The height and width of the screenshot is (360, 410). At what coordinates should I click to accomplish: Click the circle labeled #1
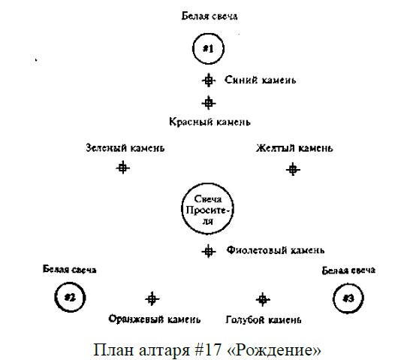pyautogui.click(x=209, y=34)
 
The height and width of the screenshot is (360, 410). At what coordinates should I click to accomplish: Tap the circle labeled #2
pyautogui.click(x=70, y=283)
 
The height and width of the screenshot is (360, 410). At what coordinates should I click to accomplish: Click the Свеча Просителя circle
pyautogui.click(x=207, y=184)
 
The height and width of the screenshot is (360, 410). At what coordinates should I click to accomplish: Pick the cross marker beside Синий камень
pyautogui.click(x=209, y=80)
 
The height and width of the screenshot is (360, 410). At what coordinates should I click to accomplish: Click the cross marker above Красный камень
pyautogui.click(x=209, y=103)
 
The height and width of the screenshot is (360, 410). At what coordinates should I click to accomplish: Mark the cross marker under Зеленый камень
pyautogui.click(x=123, y=168)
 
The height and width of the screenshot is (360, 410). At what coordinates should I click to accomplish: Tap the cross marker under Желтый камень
pyautogui.click(x=293, y=169)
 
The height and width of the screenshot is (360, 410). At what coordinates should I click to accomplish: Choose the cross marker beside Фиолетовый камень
pyautogui.click(x=209, y=252)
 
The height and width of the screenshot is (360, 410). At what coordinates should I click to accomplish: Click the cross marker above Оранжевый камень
pyautogui.click(x=152, y=299)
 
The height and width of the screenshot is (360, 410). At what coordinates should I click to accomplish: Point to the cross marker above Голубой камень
pyautogui.click(x=263, y=299)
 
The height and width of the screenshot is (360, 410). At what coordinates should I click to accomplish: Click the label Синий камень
pyautogui.click(x=260, y=80)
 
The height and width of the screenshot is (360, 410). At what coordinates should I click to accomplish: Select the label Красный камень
pyautogui.click(x=210, y=122)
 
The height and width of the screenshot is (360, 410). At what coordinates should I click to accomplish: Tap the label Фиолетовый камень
pyautogui.click(x=276, y=250)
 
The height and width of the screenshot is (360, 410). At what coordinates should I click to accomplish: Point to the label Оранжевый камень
pyautogui.click(x=155, y=319)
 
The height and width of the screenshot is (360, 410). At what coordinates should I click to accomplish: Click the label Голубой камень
pyautogui.click(x=264, y=319)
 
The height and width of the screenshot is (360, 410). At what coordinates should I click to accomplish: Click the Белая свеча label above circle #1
pyautogui.click(x=210, y=17)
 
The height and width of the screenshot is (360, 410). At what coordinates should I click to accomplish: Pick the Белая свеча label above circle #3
pyautogui.click(x=348, y=271)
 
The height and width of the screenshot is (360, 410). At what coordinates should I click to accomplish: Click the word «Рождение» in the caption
pyautogui.click(x=274, y=349)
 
